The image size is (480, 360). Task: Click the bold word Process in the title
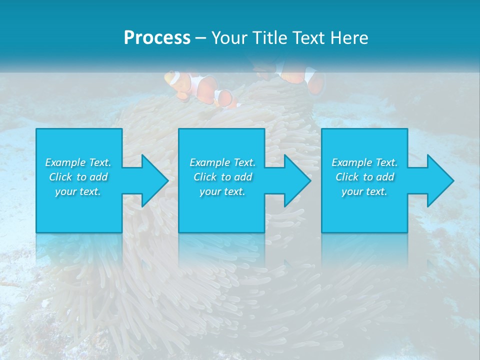[x=157, y=38]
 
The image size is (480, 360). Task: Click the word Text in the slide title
[x=309, y=38]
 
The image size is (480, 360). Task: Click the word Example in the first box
[x=64, y=162]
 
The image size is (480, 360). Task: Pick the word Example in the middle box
[x=209, y=162]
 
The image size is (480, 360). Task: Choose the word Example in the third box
[x=351, y=162]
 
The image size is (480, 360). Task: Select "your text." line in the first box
[x=78, y=191]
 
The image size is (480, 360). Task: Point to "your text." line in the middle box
[x=222, y=191]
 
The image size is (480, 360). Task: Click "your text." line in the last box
[x=364, y=191]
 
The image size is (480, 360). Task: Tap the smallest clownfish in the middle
[x=226, y=98]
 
